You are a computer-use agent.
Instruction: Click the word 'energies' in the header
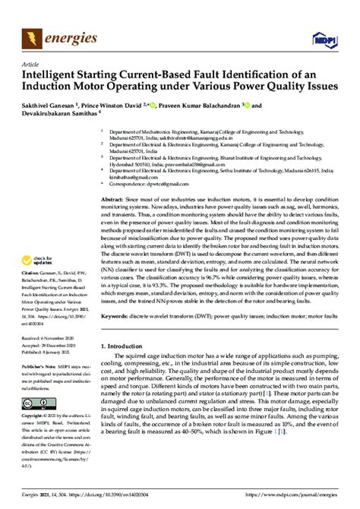[69, 36]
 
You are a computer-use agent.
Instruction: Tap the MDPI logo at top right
[324, 37]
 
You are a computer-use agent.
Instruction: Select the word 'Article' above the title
[31, 65]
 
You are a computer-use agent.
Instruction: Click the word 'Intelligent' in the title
[53, 76]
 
